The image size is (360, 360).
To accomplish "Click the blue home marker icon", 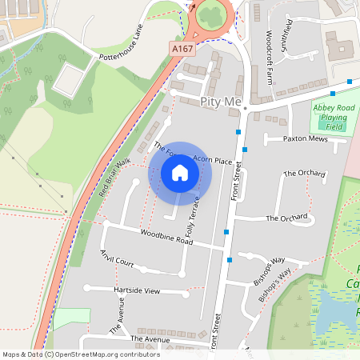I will click(180, 172).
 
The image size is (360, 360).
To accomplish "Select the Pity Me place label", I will click(220, 102).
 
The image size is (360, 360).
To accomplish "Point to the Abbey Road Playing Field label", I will click(334, 117).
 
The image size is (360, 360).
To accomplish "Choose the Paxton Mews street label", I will click(306, 138).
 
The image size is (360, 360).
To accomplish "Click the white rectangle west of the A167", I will click(71, 78).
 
